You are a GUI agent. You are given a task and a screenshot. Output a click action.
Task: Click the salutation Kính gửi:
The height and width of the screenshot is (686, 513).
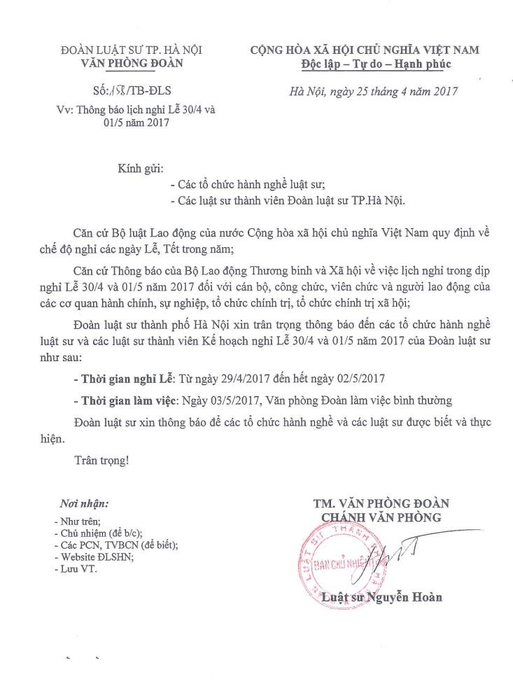coord(139,169)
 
